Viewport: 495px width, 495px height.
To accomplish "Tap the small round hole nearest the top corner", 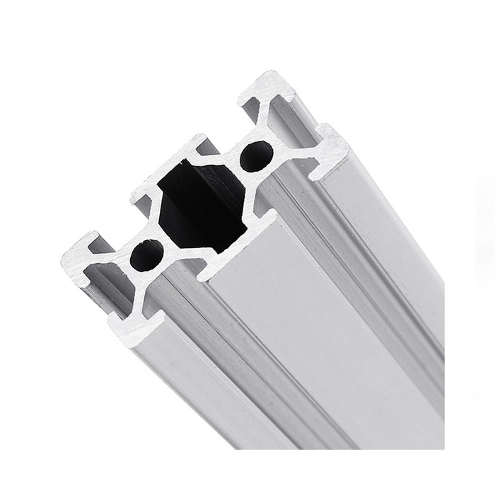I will (256, 156).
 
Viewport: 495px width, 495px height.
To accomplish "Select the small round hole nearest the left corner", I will (147, 255).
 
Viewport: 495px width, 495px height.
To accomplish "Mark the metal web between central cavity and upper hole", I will (237, 170).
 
